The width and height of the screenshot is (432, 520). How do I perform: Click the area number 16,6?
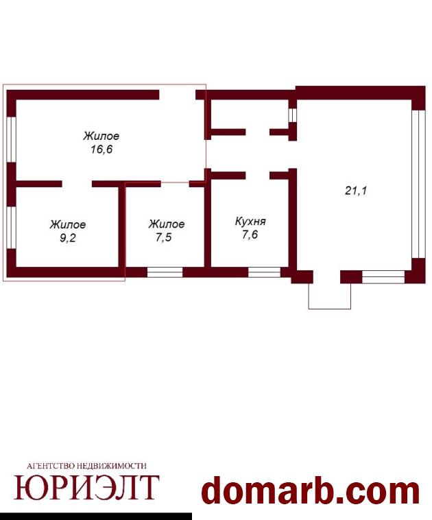(101, 150)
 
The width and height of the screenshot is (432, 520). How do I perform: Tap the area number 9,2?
(68, 238)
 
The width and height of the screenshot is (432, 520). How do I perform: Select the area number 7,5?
(164, 237)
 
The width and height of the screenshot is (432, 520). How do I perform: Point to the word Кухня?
(250, 221)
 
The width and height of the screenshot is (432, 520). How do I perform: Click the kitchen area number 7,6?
(250, 235)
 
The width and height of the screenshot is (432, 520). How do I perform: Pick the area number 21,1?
(356, 191)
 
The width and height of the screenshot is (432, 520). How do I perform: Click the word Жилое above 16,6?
(101, 136)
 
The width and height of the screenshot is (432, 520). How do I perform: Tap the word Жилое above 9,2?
(68, 224)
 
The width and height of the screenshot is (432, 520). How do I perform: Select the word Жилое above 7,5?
(167, 224)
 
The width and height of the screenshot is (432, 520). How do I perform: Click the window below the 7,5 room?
(165, 272)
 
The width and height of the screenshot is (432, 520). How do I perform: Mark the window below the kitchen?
(264, 272)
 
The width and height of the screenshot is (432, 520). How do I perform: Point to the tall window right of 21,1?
(418, 184)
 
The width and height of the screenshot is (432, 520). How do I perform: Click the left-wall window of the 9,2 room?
(11, 228)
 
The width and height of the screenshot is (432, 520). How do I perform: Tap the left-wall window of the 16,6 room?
(11, 139)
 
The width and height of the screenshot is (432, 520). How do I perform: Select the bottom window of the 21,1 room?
(383, 276)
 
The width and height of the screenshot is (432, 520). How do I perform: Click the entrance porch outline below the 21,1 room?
(330, 309)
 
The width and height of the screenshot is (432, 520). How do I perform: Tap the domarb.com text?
(311, 492)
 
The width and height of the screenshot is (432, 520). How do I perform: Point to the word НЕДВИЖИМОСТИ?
(111, 466)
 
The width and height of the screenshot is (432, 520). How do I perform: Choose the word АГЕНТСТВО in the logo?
(51, 466)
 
